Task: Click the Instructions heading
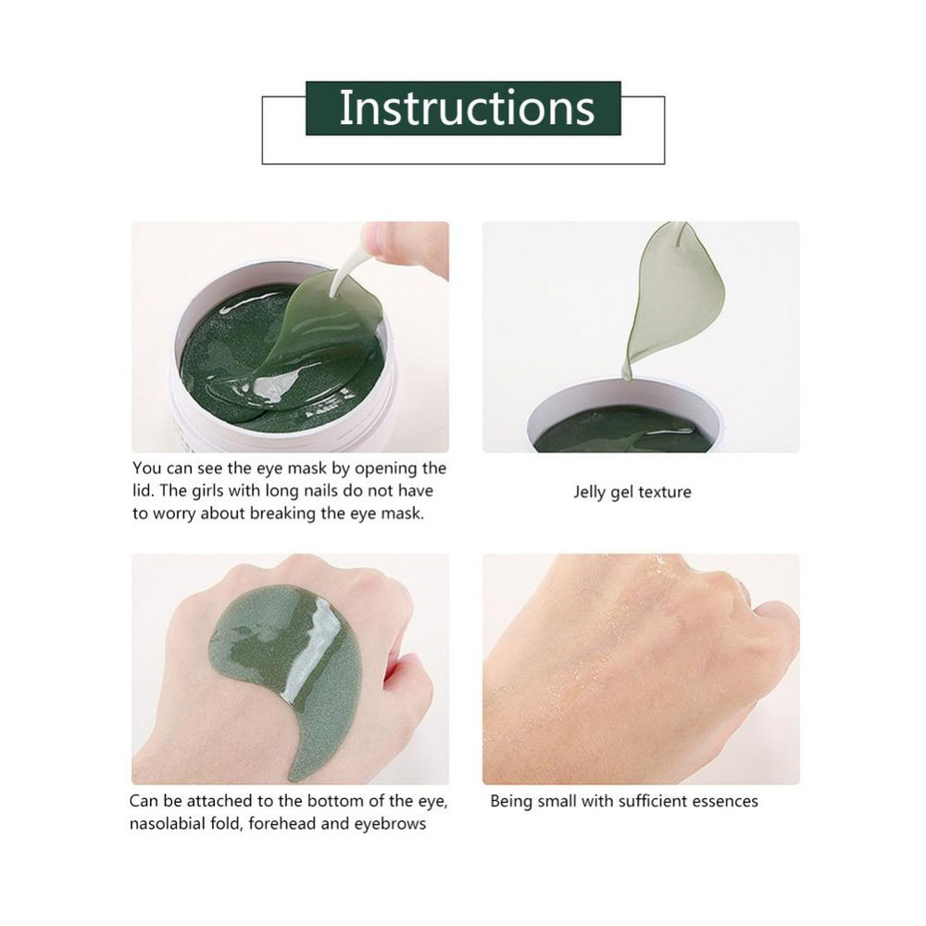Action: pos(467,107)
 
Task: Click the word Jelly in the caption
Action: pos(589,493)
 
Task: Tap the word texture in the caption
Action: pos(663,492)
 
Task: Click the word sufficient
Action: pos(649,801)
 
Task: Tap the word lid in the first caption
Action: pos(141,491)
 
